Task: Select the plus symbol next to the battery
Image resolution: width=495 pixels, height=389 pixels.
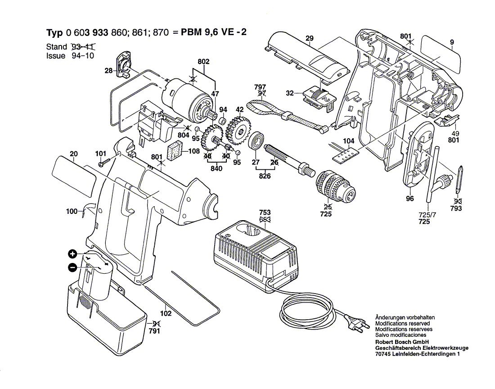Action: (72, 253)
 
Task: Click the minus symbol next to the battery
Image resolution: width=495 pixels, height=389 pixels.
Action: (72, 267)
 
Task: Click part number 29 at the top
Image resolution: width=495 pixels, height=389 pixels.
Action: (309, 39)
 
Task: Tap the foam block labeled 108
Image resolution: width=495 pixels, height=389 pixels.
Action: (174, 152)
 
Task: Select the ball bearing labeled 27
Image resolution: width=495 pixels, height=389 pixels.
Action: (256, 141)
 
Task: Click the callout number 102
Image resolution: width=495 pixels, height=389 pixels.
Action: (166, 314)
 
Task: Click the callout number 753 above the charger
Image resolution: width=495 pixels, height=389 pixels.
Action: (265, 212)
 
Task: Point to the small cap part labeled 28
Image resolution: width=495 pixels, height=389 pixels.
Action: (123, 63)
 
